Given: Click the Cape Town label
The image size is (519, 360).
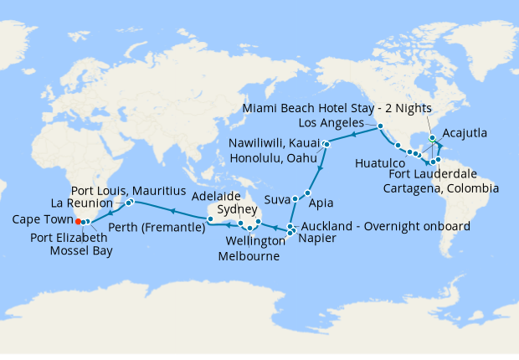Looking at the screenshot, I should tap(40, 220).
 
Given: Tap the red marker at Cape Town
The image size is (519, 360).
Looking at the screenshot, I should tap(78, 222).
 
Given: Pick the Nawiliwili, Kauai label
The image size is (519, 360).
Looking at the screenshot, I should tap(273, 145).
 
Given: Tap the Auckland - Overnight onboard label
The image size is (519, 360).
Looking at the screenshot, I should tap(383, 226).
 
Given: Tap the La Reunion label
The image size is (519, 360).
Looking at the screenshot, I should tap(82, 203).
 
